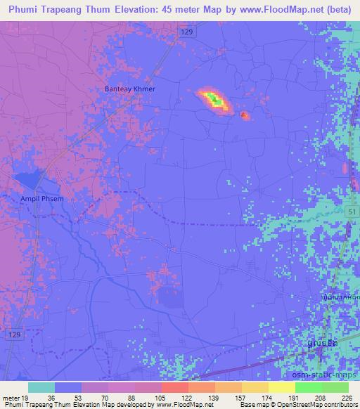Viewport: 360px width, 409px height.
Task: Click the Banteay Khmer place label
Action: [124, 89]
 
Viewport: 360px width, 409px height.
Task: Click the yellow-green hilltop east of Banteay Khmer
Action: [214, 100]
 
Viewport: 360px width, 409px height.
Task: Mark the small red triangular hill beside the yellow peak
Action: [244, 115]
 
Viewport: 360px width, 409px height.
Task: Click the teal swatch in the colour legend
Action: [41, 388]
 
